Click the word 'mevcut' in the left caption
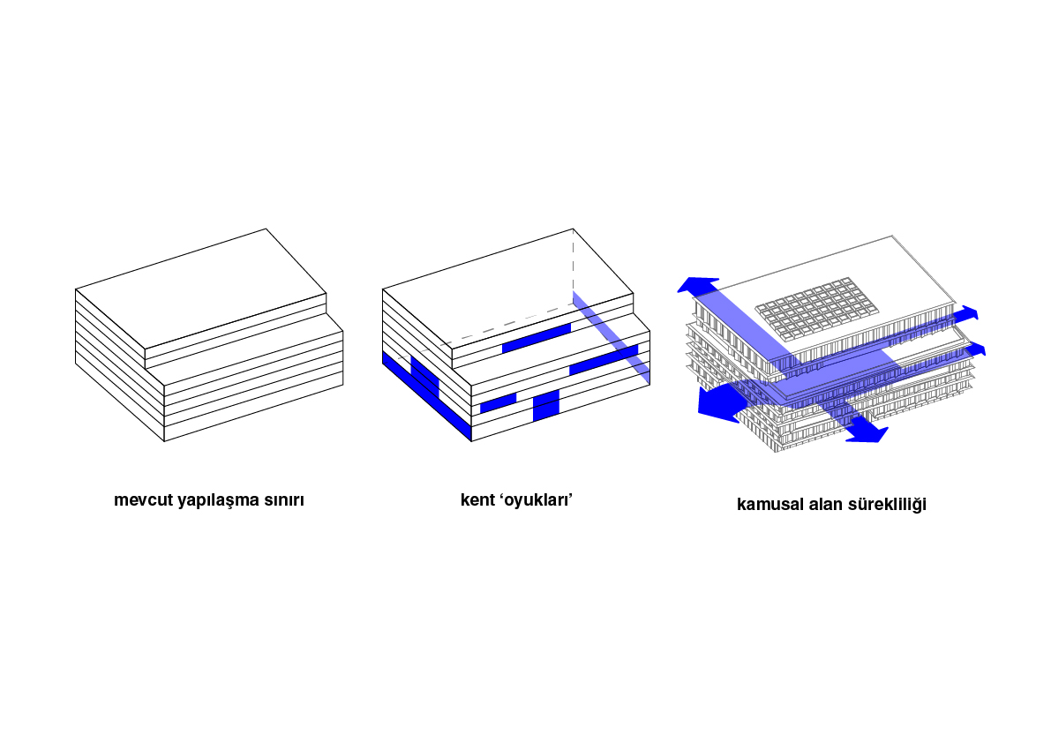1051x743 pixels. click(x=144, y=500)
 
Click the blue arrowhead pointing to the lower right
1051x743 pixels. click(x=868, y=432)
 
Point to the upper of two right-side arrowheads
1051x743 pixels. click(x=968, y=313)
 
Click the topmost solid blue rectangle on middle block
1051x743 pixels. click(x=537, y=338)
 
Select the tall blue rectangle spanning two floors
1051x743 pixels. click(x=545, y=405)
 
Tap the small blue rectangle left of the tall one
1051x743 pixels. click(x=498, y=402)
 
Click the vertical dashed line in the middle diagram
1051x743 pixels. click(x=573, y=263)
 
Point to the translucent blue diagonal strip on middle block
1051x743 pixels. click(x=612, y=338)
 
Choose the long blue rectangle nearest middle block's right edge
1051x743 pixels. click(x=604, y=360)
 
